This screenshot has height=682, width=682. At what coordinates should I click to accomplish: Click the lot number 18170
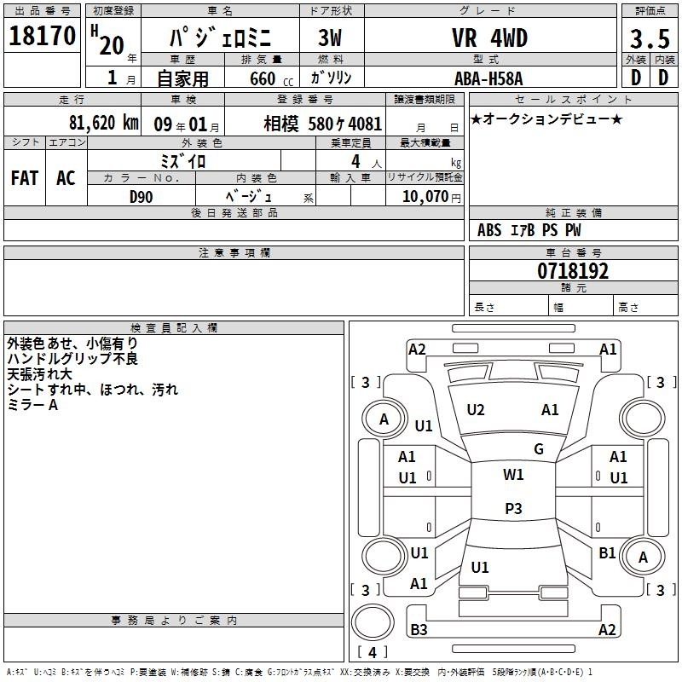point(42,36)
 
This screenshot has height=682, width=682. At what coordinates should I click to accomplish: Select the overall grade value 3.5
point(650,38)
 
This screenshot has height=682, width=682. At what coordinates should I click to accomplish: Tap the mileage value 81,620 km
point(103,123)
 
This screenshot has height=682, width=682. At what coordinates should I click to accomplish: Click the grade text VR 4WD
point(489,38)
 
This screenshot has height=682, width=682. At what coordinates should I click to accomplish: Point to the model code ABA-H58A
point(488,78)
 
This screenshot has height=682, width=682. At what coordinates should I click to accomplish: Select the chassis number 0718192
point(573,271)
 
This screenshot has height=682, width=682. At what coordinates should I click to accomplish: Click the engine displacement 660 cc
point(271,78)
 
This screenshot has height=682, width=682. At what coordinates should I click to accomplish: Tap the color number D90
point(141,197)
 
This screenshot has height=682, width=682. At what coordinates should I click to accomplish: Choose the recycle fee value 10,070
point(425,196)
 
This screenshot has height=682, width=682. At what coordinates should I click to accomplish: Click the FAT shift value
point(25,178)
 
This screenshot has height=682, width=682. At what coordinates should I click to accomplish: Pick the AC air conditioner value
point(66,178)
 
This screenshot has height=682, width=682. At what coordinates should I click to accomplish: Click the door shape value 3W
point(330,38)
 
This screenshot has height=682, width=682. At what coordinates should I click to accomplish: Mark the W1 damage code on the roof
point(513,475)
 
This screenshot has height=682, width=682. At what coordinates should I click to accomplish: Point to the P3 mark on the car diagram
point(513,508)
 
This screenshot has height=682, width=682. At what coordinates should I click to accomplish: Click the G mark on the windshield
point(539,449)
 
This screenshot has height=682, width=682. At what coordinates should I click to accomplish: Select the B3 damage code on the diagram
point(419,629)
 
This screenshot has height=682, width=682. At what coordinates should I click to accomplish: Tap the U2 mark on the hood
point(476,410)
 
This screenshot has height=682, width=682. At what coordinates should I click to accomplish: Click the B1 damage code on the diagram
point(607,553)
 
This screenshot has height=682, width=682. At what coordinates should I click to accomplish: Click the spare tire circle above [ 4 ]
point(373,622)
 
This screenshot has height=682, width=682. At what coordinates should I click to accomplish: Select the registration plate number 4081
point(365,124)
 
